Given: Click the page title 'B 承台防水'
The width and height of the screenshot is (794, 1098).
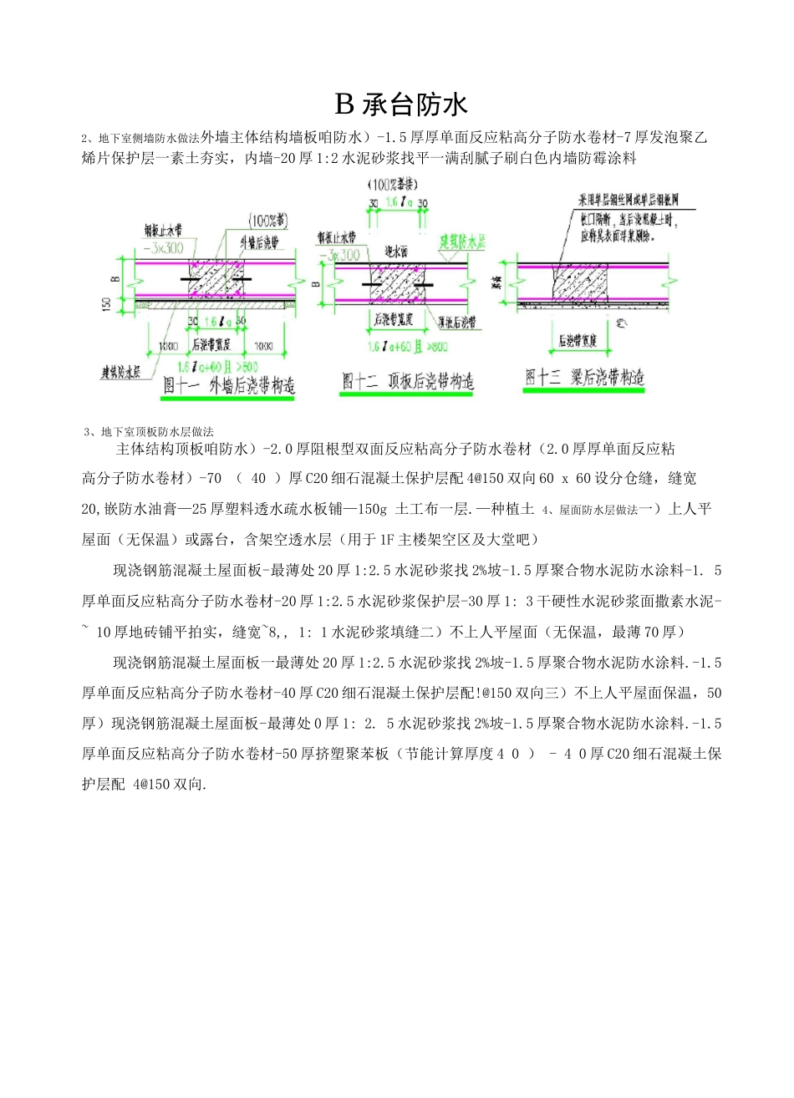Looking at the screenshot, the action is [x=401, y=104].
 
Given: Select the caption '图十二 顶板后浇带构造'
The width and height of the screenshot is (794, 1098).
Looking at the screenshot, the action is [x=408, y=381].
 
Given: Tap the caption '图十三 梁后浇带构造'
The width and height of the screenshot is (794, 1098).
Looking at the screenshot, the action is [x=585, y=377].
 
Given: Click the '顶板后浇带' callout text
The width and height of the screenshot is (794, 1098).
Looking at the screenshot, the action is [x=455, y=323].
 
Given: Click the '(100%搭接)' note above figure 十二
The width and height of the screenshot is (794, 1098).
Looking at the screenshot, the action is [x=395, y=183].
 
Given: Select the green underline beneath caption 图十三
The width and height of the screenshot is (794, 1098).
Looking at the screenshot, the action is [x=585, y=390].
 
